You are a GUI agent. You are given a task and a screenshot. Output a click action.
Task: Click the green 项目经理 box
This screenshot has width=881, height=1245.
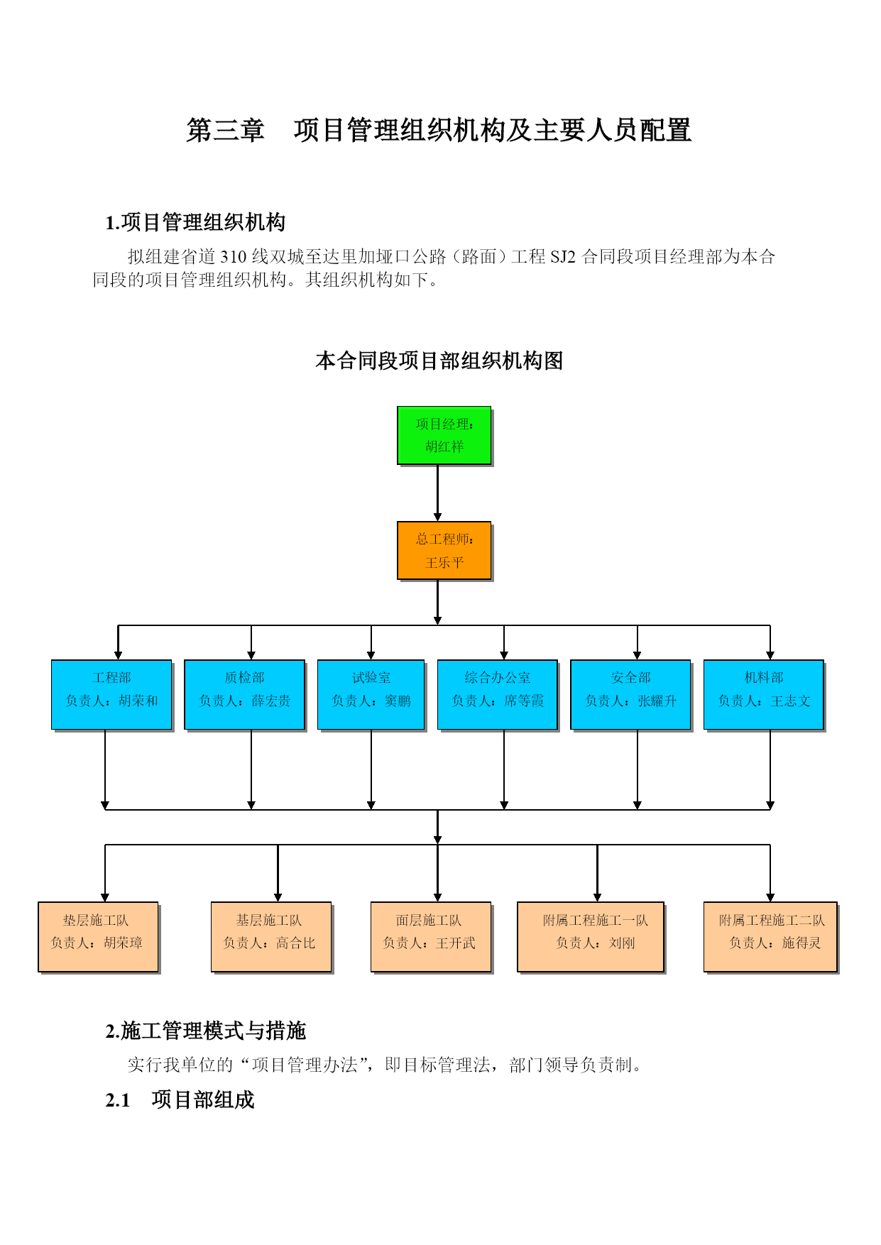pos(444,436)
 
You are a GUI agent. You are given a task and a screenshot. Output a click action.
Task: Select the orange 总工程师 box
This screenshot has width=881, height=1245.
pos(444,551)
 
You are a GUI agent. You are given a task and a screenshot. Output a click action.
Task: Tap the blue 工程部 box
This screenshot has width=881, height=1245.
pos(112,695)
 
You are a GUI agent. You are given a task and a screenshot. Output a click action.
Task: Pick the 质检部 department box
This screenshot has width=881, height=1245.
pos(245,695)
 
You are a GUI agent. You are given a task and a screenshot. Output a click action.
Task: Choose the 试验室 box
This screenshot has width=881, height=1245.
pos(371,695)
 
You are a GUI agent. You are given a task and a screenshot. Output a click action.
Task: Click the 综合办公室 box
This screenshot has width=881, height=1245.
pos(498,695)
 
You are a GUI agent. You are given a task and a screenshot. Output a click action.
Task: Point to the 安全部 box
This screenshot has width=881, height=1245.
pos(631,695)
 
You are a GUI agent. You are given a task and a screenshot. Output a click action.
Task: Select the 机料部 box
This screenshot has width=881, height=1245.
pos(764,695)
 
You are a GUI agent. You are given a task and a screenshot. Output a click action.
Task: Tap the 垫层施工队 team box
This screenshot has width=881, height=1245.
pos(99,937)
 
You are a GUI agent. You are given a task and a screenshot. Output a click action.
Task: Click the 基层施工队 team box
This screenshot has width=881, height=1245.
pos(272,937)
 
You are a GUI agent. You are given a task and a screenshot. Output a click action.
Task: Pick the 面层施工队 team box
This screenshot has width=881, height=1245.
pos(432,937)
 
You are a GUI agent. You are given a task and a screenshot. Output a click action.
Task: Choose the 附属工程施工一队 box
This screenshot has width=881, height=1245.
pos(591,937)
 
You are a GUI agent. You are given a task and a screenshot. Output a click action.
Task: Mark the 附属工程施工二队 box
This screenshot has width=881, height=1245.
pos(771,937)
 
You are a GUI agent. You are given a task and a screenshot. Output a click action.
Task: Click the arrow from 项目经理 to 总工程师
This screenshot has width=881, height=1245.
pos(438,493)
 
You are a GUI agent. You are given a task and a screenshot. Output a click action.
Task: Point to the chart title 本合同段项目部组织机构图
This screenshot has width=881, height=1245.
pos(439,361)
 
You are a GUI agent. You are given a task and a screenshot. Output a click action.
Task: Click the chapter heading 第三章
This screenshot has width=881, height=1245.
pos(225,131)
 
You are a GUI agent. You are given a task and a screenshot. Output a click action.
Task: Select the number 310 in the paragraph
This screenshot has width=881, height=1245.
pos(234,256)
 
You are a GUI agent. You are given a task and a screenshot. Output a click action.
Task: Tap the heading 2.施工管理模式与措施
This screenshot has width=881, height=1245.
pos(206,1031)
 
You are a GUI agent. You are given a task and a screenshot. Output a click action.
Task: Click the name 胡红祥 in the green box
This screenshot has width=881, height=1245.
pos(444,446)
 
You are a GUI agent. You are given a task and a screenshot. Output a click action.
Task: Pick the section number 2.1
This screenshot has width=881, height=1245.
pos(118,1100)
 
